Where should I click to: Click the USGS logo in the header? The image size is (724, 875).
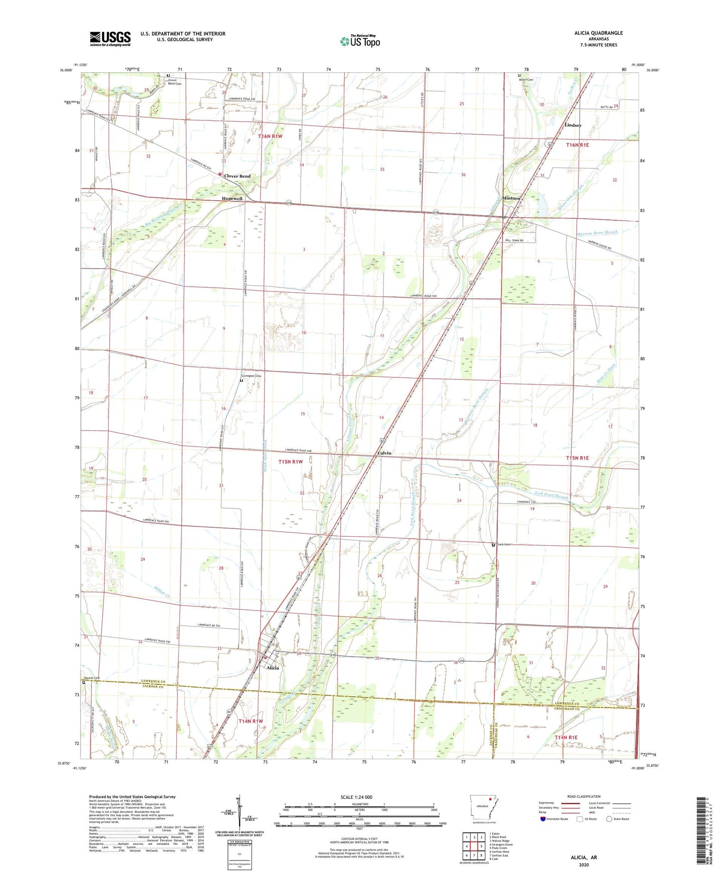(x=110, y=38)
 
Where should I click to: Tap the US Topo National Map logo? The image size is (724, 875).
(x=359, y=41)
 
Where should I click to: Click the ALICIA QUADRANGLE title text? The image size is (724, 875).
(x=598, y=33)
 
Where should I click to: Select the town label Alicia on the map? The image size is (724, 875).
(x=273, y=668)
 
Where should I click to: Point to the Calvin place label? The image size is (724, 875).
(x=384, y=453)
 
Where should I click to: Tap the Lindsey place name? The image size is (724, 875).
(x=573, y=125)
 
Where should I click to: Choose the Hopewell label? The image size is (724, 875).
(x=232, y=199)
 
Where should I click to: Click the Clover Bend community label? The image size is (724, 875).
(x=237, y=176)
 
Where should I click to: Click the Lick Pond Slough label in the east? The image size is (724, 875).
(x=551, y=495)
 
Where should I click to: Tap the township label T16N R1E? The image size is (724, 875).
(x=577, y=145)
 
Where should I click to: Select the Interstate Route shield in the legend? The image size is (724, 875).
(x=544, y=819)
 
